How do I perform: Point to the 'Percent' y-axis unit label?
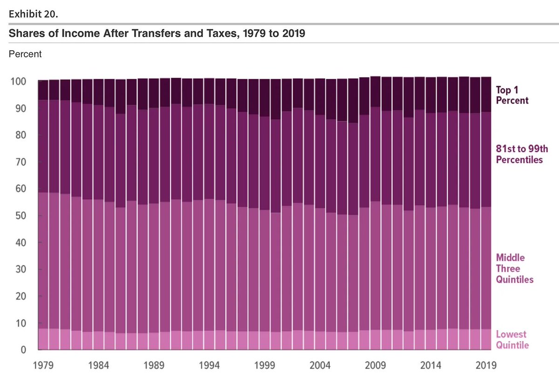coord(25,54)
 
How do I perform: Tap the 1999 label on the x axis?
coord(265,366)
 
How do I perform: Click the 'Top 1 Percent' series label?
coord(512,95)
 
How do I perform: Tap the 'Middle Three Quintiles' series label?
coord(514,269)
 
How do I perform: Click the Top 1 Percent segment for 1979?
coord(43,90)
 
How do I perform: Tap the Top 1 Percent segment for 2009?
coord(375,92)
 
